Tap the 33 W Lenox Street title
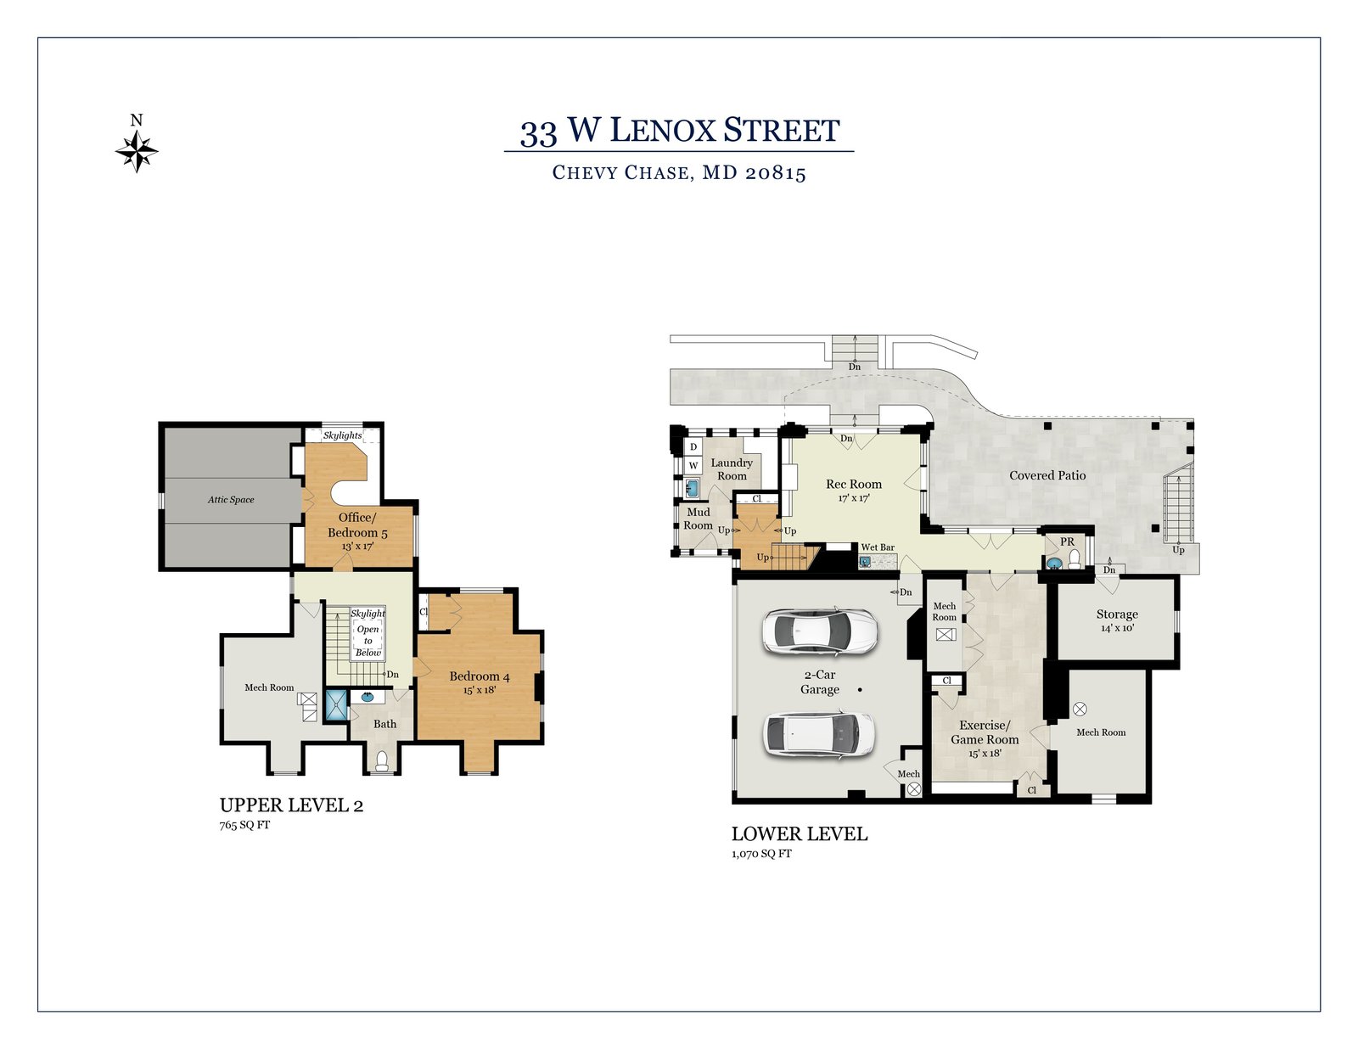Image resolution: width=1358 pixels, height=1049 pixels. tap(679, 131)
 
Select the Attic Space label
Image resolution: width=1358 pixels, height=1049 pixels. tap(231, 499)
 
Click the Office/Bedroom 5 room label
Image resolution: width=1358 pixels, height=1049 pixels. tap(357, 524)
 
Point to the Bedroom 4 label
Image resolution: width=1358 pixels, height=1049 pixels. tap(480, 676)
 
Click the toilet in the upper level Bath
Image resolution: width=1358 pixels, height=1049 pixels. tap(381, 760)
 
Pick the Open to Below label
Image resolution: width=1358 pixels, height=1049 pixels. tap(368, 641)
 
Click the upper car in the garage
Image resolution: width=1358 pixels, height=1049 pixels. tap(819, 631)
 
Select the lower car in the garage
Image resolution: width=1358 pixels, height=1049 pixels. tap(819, 735)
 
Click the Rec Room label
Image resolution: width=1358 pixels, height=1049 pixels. tap(854, 484)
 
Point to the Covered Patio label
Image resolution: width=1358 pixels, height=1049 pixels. tap(1047, 475)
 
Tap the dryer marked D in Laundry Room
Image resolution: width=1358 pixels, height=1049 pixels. tap(693, 446)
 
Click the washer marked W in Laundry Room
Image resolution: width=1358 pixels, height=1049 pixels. tap(693, 465)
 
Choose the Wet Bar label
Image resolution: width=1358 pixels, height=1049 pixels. tap(878, 547)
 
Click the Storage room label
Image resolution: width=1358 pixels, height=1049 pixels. tap(1117, 614)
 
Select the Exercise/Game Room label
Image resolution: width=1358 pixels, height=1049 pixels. tap(985, 732)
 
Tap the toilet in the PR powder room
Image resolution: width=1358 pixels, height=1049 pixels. tap(1074, 559)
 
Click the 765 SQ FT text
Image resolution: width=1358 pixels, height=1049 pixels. tap(244, 825)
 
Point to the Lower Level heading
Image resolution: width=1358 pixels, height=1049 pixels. tap(800, 834)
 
